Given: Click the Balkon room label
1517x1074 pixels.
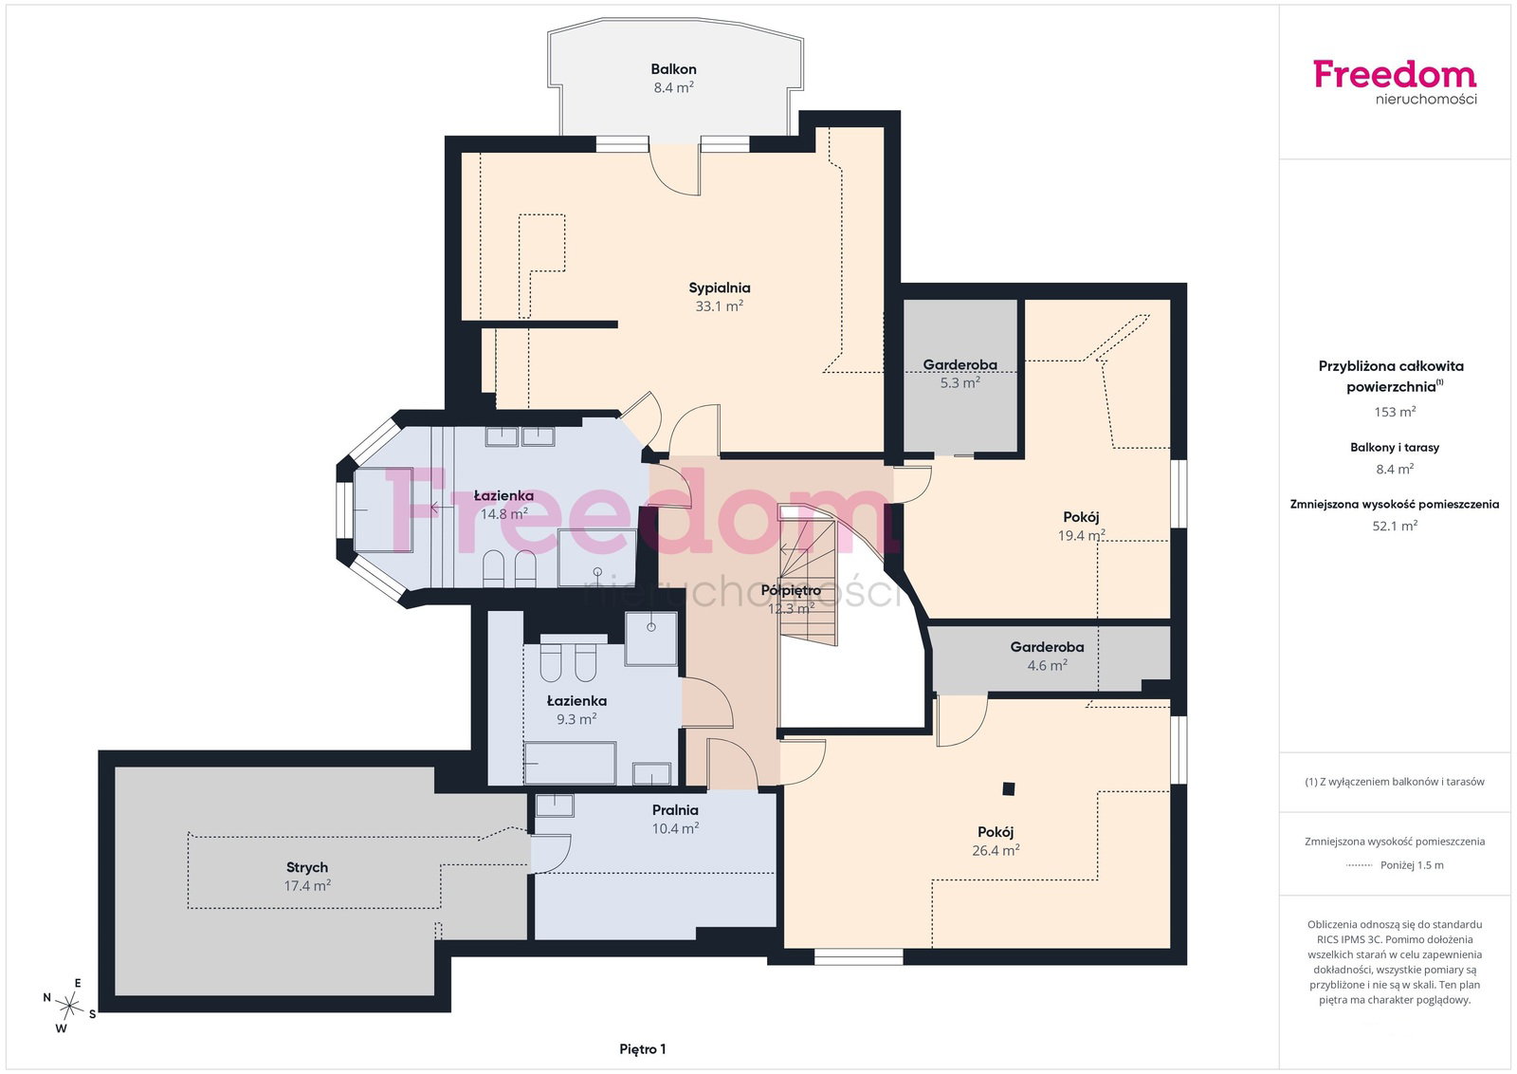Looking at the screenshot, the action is (673, 69).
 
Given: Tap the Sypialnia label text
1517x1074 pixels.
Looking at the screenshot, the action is (720, 288).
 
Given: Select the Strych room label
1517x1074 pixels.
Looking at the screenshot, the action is (307, 867).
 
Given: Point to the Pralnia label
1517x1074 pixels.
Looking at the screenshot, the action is (675, 809).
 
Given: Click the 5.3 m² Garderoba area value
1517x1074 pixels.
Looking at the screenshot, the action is (960, 383).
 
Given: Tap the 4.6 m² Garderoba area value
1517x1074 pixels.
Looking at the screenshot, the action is (1047, 665).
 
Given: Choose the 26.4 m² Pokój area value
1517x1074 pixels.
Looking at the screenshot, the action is (996, 850).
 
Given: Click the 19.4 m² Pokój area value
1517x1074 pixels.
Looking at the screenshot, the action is (1082, 535).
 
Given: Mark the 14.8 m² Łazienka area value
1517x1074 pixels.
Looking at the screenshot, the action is (503, 513).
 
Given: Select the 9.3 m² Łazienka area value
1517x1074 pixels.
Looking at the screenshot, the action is (576, 719).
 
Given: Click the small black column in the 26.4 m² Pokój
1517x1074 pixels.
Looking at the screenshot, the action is (1009, 788).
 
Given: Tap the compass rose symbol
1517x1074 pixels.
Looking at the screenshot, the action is (69, 1006).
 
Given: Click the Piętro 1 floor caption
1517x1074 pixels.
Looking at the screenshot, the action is (643, 1049).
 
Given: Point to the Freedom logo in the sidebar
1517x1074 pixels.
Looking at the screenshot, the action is (1395, 83).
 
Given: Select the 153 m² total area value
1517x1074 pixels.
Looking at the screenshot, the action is (1395, 412).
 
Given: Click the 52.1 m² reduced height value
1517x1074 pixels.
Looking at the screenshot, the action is (1395, 526).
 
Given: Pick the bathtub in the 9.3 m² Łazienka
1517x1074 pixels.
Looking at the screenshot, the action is (570, 763).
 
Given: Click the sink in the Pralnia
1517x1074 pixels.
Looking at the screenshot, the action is (555, 805).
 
